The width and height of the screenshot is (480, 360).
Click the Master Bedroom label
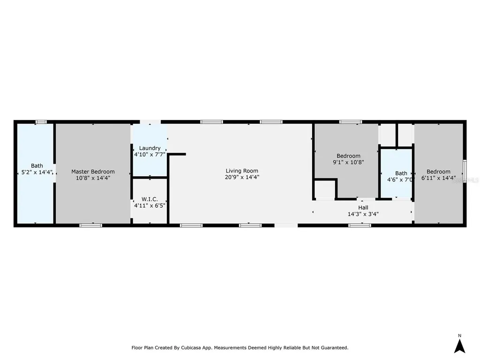[93, 172]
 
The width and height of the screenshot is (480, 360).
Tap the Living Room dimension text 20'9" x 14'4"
[242, 177]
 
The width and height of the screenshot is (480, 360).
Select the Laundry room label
[150, 148]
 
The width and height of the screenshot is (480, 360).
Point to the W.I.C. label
[150, 199]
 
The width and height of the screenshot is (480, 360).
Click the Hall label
[363, 208]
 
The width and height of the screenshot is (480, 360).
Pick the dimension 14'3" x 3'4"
[363, 214]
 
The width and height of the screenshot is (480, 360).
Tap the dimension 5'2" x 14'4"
[37, 172]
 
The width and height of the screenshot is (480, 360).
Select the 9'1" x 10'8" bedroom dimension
[348, 162]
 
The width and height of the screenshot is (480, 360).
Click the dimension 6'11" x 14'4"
[438, 178]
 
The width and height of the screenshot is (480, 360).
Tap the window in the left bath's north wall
[41, 122]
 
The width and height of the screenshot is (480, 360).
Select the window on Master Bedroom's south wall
[90, 225]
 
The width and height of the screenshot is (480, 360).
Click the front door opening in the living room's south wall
[285, 225]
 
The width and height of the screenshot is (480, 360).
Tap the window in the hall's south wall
[360, 225]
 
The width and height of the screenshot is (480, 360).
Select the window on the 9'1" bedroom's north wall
[351, 122]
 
